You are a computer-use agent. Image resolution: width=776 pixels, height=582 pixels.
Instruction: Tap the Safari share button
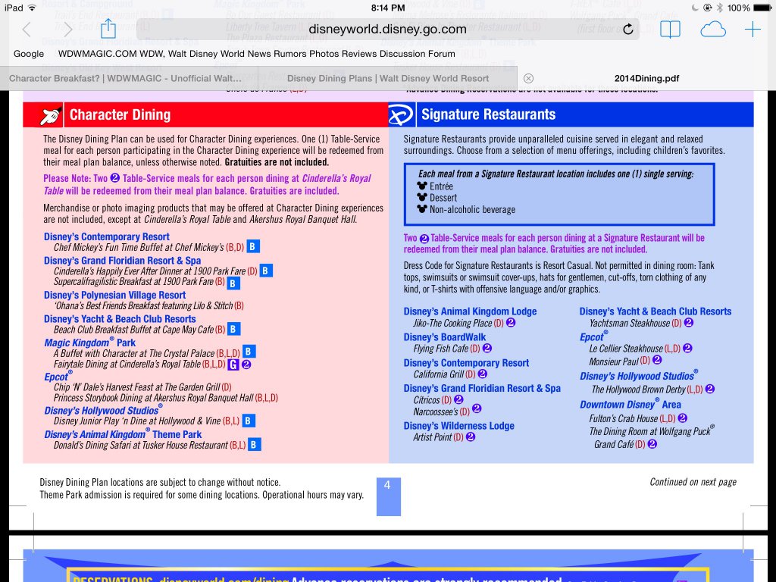[108, 29]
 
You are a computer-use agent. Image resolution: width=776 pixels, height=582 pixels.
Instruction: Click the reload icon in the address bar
[627, 30]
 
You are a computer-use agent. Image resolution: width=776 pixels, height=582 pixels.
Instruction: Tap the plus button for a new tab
[752, 30]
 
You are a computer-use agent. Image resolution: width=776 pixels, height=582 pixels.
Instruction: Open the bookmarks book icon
[670, 30]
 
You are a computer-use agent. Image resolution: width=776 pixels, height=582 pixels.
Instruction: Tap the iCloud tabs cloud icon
[712, 30]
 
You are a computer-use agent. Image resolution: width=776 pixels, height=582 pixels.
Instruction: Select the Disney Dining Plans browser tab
[388, 78]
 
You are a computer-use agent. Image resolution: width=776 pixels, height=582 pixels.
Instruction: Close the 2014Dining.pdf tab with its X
[529, 78]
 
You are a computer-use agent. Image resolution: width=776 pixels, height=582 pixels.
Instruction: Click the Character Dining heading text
[120, 114]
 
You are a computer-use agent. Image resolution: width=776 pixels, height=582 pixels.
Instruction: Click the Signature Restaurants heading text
[488, 114]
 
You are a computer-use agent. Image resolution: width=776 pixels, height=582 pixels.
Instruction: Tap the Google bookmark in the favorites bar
[29, 54]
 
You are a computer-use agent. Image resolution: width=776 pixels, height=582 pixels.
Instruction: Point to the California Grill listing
[439, 374]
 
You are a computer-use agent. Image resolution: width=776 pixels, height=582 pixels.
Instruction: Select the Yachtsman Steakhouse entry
[630, 323]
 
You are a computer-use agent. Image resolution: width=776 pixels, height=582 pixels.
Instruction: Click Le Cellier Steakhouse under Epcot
[626, 349]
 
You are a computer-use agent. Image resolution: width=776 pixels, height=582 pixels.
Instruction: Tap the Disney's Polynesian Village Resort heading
[114, 295]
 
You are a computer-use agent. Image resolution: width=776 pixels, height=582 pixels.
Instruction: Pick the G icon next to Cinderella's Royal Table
[233, 365]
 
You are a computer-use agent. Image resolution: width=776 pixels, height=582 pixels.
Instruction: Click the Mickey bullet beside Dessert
[422, 198]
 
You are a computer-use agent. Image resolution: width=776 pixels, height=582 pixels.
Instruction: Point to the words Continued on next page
[693, 482]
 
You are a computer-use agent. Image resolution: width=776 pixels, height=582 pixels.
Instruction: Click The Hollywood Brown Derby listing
[638, 390]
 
